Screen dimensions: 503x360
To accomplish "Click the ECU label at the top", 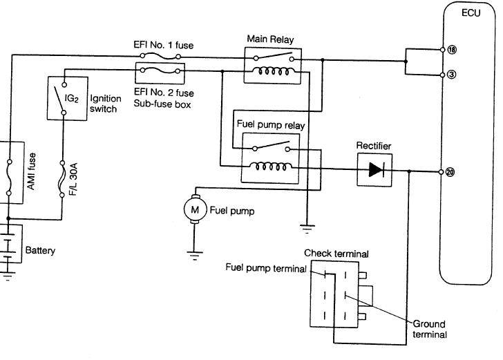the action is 471,13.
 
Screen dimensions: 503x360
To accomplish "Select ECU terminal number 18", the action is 452,50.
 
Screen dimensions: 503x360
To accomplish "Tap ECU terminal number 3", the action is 451,75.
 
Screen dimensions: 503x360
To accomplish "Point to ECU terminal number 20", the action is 450,172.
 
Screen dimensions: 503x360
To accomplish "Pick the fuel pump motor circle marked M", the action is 195,209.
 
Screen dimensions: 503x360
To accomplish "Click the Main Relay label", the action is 270,39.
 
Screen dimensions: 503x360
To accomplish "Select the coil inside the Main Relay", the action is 273,71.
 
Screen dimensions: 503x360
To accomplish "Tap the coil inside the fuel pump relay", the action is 271,167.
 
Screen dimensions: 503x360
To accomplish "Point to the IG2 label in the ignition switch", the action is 72,98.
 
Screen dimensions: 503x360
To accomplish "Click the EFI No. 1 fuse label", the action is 164,45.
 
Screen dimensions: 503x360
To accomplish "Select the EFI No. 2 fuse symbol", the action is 160,70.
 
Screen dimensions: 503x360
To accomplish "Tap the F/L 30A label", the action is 73,179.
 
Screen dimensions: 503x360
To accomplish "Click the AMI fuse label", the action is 31,171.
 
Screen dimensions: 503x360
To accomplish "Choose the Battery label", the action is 40,250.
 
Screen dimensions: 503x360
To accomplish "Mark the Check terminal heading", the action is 336,254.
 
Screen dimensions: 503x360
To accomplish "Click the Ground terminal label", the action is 430,329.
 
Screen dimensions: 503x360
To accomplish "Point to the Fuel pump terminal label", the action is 266,267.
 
